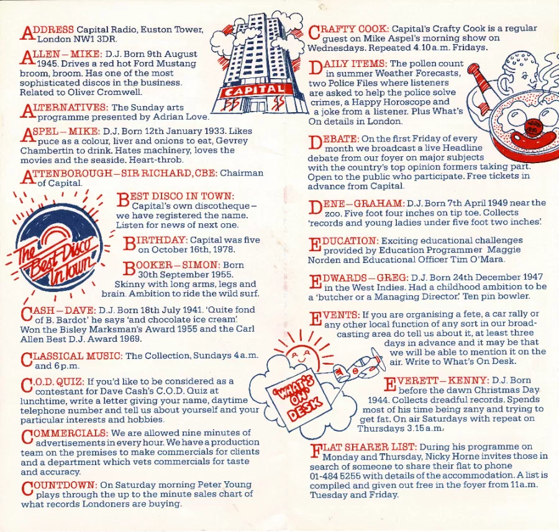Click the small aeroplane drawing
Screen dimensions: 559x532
point(360,365)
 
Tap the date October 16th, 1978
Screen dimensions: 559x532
point(186,249)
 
